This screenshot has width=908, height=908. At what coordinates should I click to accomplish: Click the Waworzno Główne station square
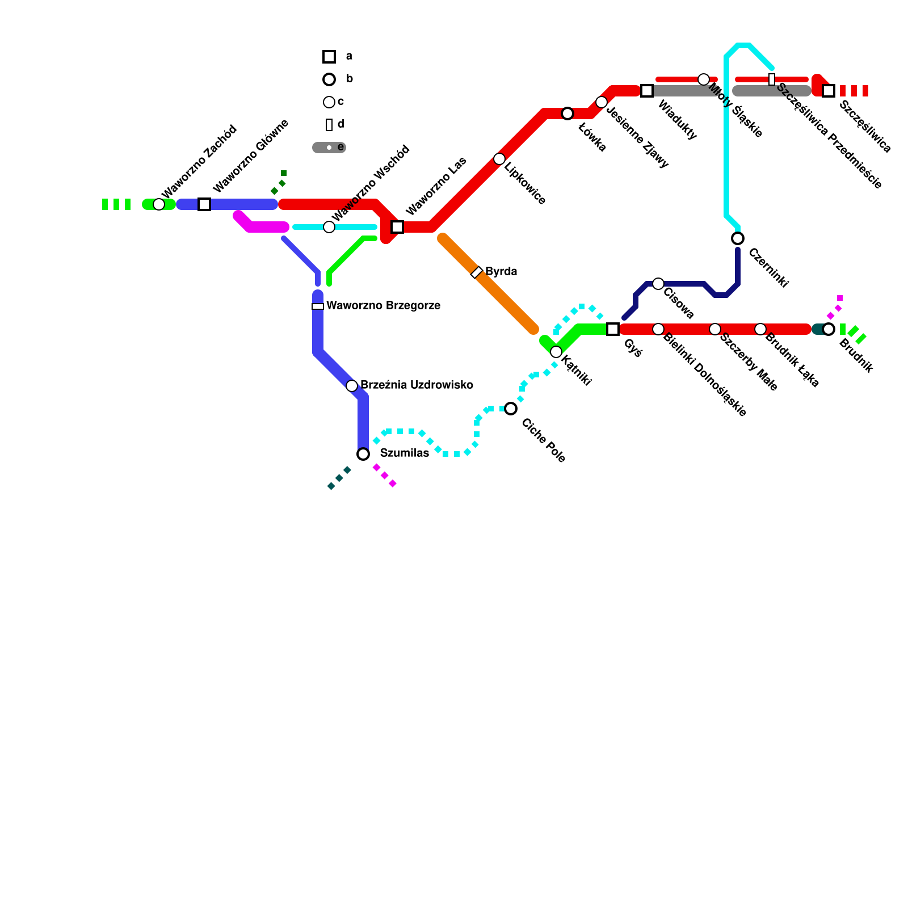tap(204, 204)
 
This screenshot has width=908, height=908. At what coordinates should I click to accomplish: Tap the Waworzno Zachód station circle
tap(159, 204)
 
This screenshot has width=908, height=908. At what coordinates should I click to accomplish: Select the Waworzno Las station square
tap(397, 227)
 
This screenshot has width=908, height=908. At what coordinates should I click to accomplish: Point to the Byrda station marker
tap(477, 272)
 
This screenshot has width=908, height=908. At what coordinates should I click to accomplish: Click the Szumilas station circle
tap(363, 454)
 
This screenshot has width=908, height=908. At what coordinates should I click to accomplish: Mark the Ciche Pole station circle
tap(511, 409)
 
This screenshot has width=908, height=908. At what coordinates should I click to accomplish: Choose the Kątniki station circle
tap(556, 352)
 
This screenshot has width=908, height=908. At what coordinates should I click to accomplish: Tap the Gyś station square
tap(613, 329)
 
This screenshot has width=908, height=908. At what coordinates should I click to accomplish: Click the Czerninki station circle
tap(738, 238)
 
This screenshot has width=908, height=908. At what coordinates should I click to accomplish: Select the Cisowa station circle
tap(658, 284)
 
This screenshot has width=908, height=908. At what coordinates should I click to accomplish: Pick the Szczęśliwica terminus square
tap(829, 91)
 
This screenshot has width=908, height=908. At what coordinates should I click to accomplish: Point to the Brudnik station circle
tap(829, 329)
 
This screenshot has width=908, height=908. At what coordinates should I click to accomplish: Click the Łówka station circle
tap(567, 113)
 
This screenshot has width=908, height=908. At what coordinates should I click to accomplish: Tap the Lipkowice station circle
tap(499, 159)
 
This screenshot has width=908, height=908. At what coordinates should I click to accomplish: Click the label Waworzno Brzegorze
tap(383, 306)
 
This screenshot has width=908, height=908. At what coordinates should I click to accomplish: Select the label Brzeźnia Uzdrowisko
tap(417, 385)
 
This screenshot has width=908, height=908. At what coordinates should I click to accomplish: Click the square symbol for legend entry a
tap(329, 57)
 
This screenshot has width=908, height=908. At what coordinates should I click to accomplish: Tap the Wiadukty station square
tap(647, 91)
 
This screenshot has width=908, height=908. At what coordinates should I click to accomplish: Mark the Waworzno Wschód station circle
tap(329, 227)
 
